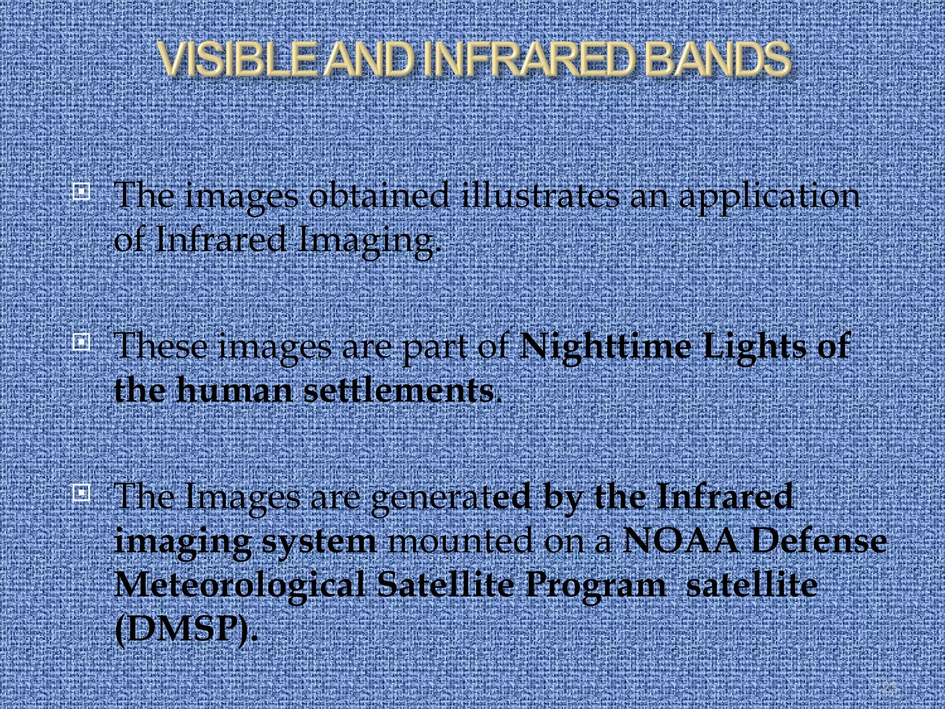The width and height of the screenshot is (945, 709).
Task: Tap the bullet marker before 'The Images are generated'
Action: click(x=81, y=493)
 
